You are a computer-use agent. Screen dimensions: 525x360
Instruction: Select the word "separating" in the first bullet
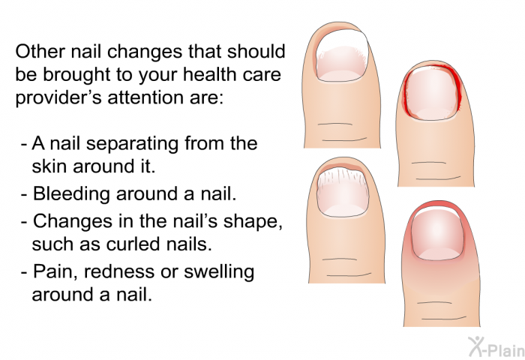(x=131, y=144)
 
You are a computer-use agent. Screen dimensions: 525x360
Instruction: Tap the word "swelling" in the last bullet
(x=219, y=272)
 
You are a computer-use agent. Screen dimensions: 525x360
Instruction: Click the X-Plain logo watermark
(x=496, y=346)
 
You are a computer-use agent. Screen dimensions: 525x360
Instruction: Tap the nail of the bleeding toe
(x=431, y=94)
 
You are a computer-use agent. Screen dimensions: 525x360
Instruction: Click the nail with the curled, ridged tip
(x=342, y=193)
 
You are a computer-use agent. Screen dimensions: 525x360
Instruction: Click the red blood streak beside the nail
(x=457, y=88)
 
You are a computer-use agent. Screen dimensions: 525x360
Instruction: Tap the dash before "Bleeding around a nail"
(x=24, y=195)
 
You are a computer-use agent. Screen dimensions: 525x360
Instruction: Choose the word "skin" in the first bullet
(x=49, y=166)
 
